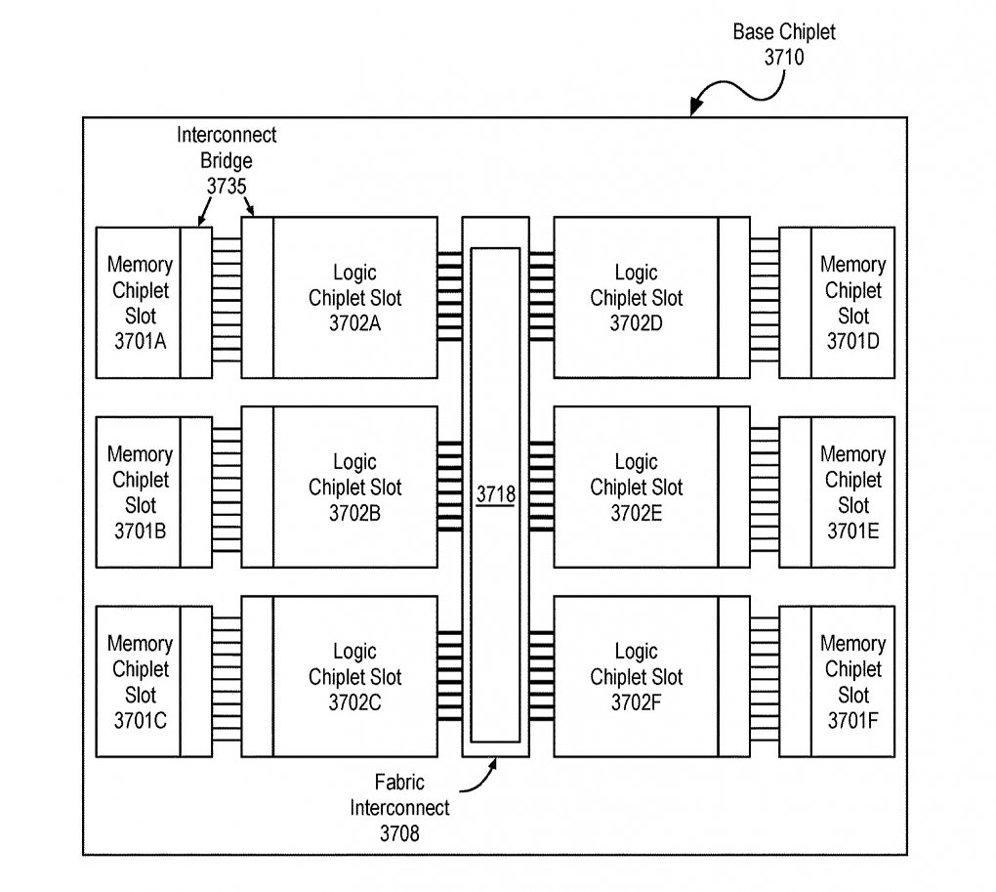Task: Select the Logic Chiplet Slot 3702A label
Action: click(x=355, y=298)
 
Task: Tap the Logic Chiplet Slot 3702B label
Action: click(x=355, y=488)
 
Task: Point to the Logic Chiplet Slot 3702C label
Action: click(x=355, y=677)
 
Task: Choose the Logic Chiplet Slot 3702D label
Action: click(x=637, y=298)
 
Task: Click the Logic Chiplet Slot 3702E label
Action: click(x=637, y=488)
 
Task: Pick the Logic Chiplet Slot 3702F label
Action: click(x=637, y=677)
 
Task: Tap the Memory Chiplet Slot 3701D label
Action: click(x=853, y=303)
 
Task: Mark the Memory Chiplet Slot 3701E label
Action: click(x=853, y=491)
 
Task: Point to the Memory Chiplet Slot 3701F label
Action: click(x=853, y=681)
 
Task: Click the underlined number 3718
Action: click(x=495, y=493)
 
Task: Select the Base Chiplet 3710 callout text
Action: click(x=784, y=45)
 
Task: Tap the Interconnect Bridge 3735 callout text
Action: click(x=227, y=160)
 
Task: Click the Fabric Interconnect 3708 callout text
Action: click(x=399, y=808)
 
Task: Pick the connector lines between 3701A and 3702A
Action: click(x=227, y=301)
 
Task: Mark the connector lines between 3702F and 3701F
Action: click(x=765, y=680)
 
